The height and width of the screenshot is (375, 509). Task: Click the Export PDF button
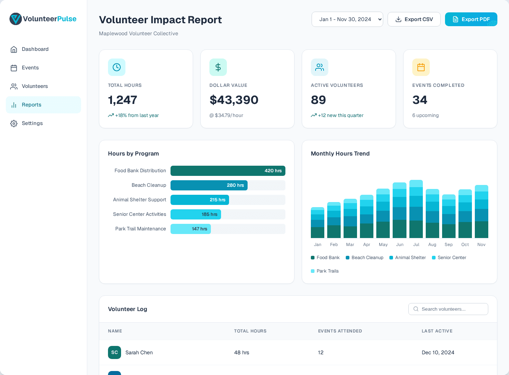click(471, 19)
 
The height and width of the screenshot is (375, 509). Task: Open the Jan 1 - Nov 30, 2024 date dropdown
click(347, 19)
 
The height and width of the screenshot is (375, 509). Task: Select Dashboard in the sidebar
click(35, 49)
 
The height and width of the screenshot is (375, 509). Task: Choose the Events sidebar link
click(30, 68)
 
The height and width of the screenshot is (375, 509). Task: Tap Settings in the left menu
click(32, 123)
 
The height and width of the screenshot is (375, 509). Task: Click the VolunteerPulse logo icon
click(16, 19)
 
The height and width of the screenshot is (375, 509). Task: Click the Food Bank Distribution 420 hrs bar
click(228, 171)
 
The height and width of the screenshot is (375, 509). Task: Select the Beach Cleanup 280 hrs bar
click(209, 185)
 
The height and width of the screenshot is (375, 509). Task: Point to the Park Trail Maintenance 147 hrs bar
click(191, 229)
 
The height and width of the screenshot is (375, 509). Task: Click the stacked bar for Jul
click(416, 209)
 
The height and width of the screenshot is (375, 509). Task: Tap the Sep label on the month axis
click(449, 245)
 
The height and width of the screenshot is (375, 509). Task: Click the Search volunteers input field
click(451, 309)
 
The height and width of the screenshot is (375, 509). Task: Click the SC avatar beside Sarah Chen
click(115, 352)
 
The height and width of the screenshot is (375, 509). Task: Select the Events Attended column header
click(340, 331)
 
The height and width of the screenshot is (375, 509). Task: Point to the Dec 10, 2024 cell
click(438, 352)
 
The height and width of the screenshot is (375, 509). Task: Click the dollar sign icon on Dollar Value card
click(218, 67)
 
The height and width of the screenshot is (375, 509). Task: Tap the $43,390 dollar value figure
click(234, 100)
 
